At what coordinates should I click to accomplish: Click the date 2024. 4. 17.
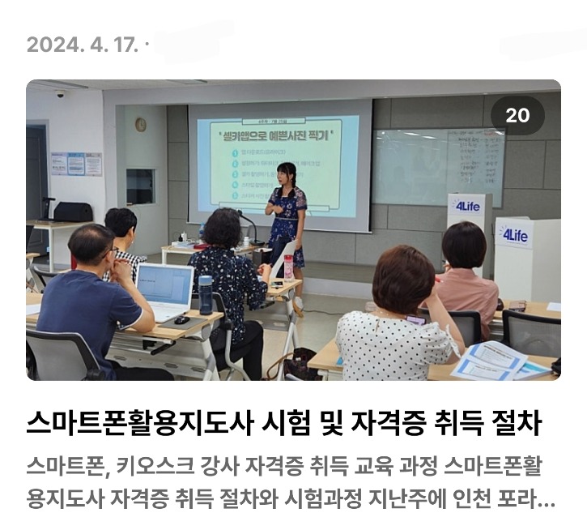click(82, 44)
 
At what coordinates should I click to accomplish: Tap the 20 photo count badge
click(517, 116)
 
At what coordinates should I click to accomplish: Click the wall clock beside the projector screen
click(140, 124)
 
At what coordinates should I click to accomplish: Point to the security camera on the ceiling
click(59, 94)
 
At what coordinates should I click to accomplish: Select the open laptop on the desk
click(164, 291)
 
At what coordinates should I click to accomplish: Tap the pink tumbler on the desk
click(288, 267)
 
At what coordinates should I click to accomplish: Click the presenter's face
click(286, 173)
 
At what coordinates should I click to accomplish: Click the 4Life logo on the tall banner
click(467, 207)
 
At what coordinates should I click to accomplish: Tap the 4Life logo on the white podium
click(515, 235)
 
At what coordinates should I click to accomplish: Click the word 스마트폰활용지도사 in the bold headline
click(138, 422)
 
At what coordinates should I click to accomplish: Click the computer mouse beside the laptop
click(181, 319)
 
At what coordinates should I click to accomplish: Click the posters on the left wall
click(76, 164)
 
